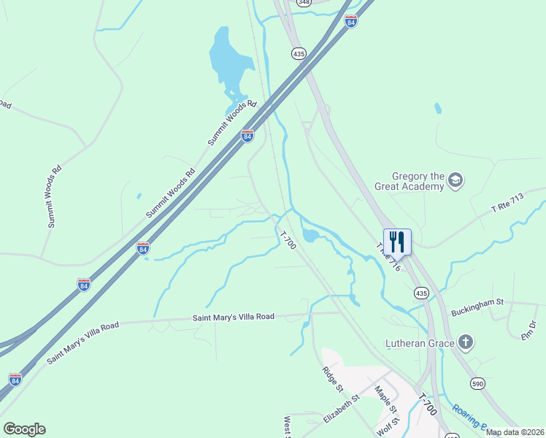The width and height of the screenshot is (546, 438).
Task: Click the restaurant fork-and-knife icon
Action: [397, 241]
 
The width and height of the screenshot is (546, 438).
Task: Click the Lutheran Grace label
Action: [420, 342]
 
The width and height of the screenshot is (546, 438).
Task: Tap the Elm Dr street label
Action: [528, 329]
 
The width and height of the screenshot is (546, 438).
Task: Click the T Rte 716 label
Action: [389, 256]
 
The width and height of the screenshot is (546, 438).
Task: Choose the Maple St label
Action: [385, 399]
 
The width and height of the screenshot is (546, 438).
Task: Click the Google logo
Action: [24, 429]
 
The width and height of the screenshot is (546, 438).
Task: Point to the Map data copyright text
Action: [515, 432]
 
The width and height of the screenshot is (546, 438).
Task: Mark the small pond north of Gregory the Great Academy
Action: [438, 108]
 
